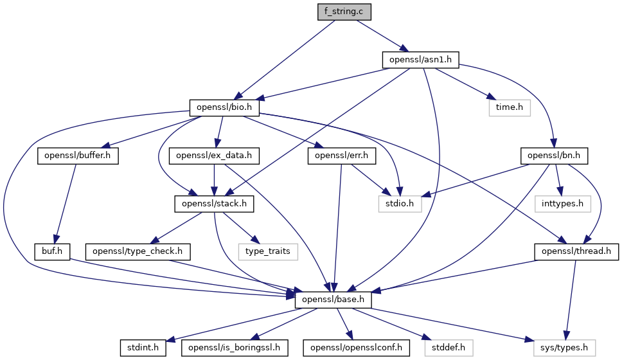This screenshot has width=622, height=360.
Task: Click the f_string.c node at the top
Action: pyautogui.click(x=344, y=12)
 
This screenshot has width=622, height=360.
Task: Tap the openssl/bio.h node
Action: pyautogui.click(x=224, y=107)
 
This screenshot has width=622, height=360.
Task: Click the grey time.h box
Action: pyautogui.click(x=510, y=107)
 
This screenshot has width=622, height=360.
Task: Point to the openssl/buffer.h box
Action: pyautogui.click(x=79, y=156)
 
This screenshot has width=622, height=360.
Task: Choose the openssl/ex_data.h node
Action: pyautogui.click(x=214, y=156)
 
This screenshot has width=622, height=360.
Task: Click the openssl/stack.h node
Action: pyautogui.click(x=215, y=204)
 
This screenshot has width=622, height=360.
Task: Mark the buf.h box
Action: pyautogui.click(x=52, y=251)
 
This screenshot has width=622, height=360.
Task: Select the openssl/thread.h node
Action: pyautogui.click(x=576, y=251)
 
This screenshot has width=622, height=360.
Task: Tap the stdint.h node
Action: pyautogui.click(x=143, y=348)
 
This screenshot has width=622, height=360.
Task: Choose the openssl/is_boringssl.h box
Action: pyautogui.click(x=235, y=348)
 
